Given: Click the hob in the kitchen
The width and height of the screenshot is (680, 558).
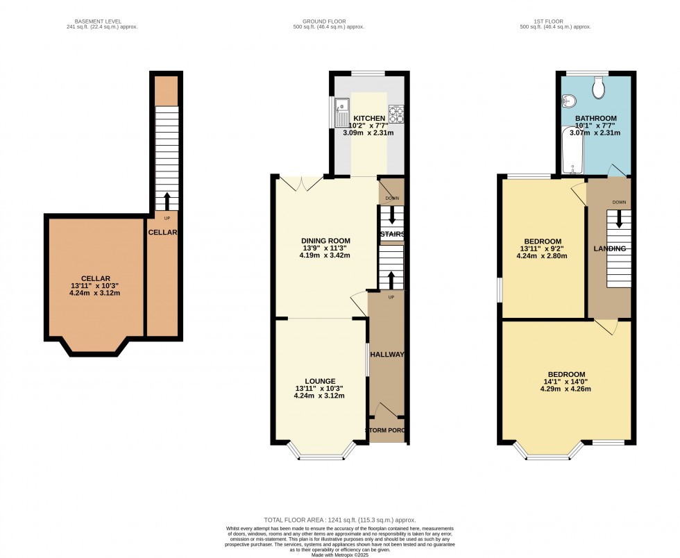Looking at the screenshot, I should pos(397,113).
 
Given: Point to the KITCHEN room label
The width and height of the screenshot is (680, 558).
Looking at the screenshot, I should pos(369,119).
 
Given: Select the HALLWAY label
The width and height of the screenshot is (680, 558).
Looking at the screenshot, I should pos(386,355).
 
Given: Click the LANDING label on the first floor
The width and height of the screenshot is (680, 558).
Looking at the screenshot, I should pos(610,248).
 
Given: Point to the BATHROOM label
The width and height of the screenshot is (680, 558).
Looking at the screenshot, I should pos(595,119).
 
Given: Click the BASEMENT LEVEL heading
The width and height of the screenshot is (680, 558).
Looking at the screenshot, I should pos(102,22).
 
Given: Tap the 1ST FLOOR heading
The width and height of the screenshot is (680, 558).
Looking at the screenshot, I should pos(554,22).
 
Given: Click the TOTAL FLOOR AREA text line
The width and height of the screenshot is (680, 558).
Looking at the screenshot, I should pos(339,520).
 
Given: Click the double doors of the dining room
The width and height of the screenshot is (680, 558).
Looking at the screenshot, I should pos(300,183).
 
